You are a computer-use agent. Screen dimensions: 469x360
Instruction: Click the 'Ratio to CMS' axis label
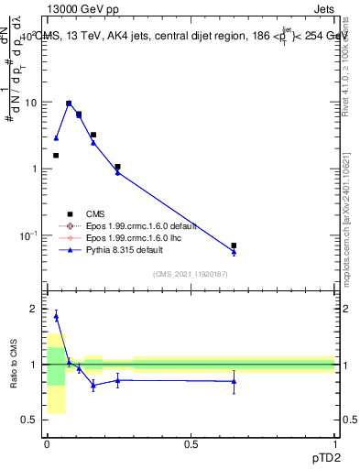pyautogui.click(x=14, y=365)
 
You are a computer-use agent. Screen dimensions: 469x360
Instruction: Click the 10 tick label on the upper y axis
pyautogui.click(x=33, y=103)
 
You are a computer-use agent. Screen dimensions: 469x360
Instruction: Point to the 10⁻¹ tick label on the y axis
pyautogui.click(x=30, y=235)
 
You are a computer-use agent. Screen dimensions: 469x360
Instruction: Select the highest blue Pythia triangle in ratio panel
pyautogui.click(x=56, y=316)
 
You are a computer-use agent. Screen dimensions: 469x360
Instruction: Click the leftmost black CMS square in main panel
pyautogui.click(x=56, y=156)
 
